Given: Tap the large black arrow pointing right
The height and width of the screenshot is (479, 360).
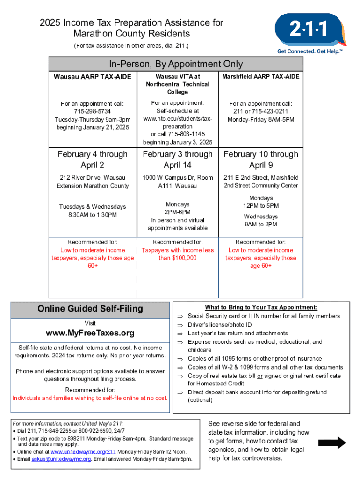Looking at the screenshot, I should coord(331,443).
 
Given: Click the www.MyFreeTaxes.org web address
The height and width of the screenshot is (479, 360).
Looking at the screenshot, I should coord(90,333).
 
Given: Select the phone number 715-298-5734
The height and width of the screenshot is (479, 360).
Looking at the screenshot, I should coord(92,111).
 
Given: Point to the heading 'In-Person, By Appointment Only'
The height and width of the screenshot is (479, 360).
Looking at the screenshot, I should coord(176,64).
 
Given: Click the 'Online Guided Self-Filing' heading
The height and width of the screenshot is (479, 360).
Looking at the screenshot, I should coord(90,309).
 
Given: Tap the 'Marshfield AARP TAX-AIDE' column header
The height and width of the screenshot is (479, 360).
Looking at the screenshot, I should coord(261,76).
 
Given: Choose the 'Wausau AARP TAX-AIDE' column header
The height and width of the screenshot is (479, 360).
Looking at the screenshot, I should coord(92,76).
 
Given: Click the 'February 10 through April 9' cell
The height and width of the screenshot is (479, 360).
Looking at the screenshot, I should coord(261,160).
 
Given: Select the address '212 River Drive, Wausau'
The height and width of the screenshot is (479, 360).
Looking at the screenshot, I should coord(92,178).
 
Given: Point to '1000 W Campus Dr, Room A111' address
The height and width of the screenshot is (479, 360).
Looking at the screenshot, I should coord(178,181).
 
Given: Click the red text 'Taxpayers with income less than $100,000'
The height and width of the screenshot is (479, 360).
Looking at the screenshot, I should coord(178,254).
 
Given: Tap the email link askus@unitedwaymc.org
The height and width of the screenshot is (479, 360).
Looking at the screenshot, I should coord(61,459).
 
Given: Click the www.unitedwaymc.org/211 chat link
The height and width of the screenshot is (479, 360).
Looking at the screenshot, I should coord(83,452).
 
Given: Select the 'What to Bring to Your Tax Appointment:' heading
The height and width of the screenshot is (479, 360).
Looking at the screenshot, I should coord(261,307).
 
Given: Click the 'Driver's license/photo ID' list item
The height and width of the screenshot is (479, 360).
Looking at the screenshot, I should coord(220,325).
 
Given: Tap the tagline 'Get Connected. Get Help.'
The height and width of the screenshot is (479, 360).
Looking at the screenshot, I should coord(309,51).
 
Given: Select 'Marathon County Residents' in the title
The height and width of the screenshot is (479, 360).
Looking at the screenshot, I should coord(131,34).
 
